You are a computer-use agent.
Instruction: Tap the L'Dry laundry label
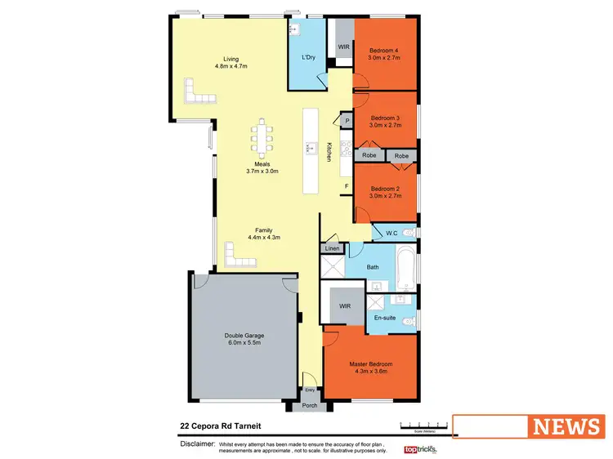tap(308, 57)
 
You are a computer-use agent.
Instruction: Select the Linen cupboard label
tap(331, 248)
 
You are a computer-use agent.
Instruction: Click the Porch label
tap(310, 404)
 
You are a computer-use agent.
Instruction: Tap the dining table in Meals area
tap(263, 139)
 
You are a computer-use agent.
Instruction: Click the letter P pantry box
tap(347, 122)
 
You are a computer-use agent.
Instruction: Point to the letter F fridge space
tap(347, 186)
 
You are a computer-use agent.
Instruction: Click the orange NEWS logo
tap(566, 426)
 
